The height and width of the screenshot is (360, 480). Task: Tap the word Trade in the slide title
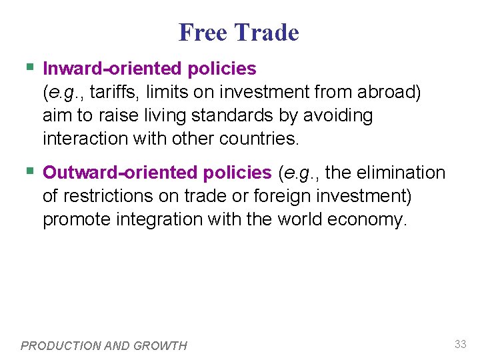pyautogui.click(x=267, y=32)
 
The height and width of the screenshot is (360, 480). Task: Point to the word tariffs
pyautogui.click(x=115, y=92)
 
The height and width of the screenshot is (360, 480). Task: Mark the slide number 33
pyautogui.click(x=460, y=344)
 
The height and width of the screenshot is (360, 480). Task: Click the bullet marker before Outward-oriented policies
pyautogui.click(x=29, y=171)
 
